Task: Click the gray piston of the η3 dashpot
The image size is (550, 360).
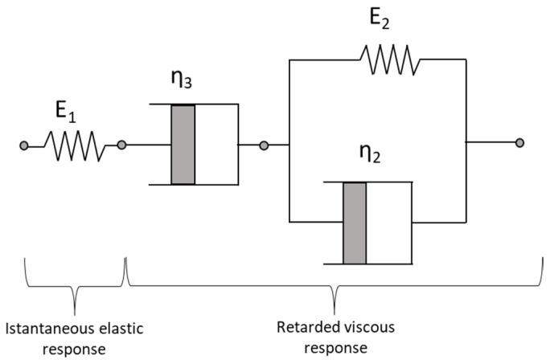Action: (x=183, y=145)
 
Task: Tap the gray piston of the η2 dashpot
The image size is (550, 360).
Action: (x=355, y=223)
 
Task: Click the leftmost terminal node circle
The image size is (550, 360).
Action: (x=25, y=145)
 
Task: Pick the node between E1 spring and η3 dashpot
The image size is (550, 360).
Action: (x=121, y=145)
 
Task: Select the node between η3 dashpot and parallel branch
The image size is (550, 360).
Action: (x=264, y=145)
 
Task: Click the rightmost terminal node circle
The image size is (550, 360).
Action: (x=520, y=143)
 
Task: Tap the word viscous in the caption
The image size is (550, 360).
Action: (x=360, y=328)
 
